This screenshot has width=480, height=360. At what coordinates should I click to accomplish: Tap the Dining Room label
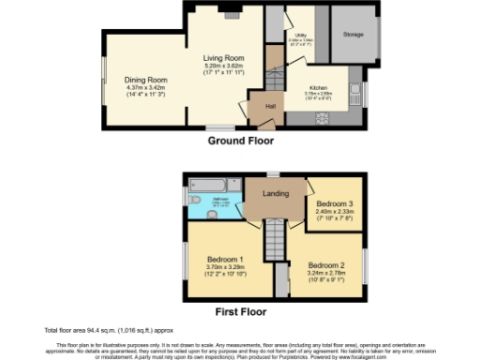tap(146, 80)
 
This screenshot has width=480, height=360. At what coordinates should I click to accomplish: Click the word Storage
tap(352, 34)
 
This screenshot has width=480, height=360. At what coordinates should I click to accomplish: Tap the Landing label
tap(276, 194)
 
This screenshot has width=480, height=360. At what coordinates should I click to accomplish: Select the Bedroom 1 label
tap(226, 258)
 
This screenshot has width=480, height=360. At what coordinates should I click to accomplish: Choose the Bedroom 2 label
tap(327, 264)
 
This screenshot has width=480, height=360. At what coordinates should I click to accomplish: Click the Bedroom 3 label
tap(335, 203)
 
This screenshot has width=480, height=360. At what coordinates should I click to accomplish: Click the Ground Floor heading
tap(241, 141)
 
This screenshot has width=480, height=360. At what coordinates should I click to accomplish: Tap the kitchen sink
tap(357, 91)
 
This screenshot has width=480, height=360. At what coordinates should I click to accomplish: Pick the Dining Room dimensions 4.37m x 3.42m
tap(146, 88)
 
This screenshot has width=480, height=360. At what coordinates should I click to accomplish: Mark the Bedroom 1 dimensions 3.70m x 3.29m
tap(226, 267)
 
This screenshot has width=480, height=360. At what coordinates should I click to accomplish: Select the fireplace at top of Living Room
tap(232, 13)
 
